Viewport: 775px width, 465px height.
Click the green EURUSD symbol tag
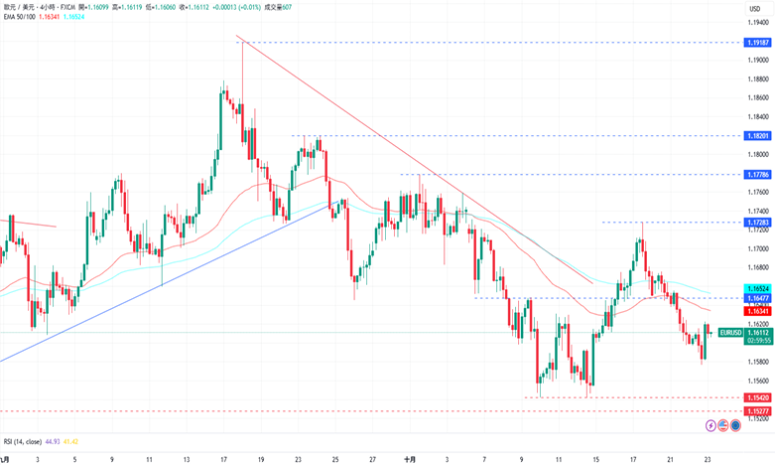click(x=730, y=332)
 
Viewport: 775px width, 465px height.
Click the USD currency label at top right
click(x=754, y=8)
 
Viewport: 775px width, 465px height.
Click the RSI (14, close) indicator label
click(x=23, y=441)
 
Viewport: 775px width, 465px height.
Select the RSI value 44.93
click(x=54, y=441)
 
